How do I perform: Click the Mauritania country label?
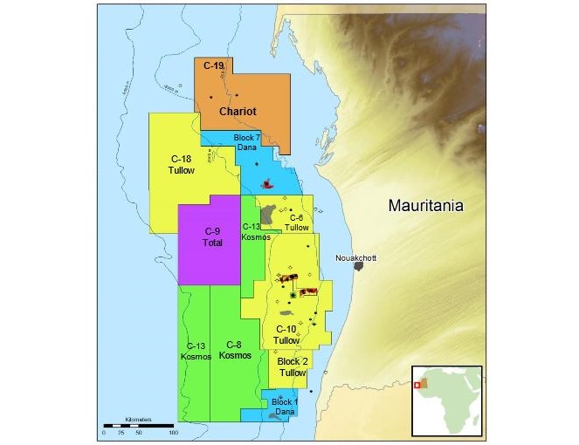pos(426,206)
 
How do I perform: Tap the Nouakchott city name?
pos(354,258)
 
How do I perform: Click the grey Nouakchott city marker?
pos(358,265)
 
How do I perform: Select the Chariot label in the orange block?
pos(238,112)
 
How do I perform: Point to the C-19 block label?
pos(214,65)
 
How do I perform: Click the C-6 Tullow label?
pos(299,222)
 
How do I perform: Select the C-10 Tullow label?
pos(286,334)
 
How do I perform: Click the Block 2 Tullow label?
pos(293,366)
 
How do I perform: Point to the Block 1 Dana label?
pos(285,407)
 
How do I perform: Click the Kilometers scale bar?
pos(140,424)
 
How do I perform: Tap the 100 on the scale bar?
pos(174,433)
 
